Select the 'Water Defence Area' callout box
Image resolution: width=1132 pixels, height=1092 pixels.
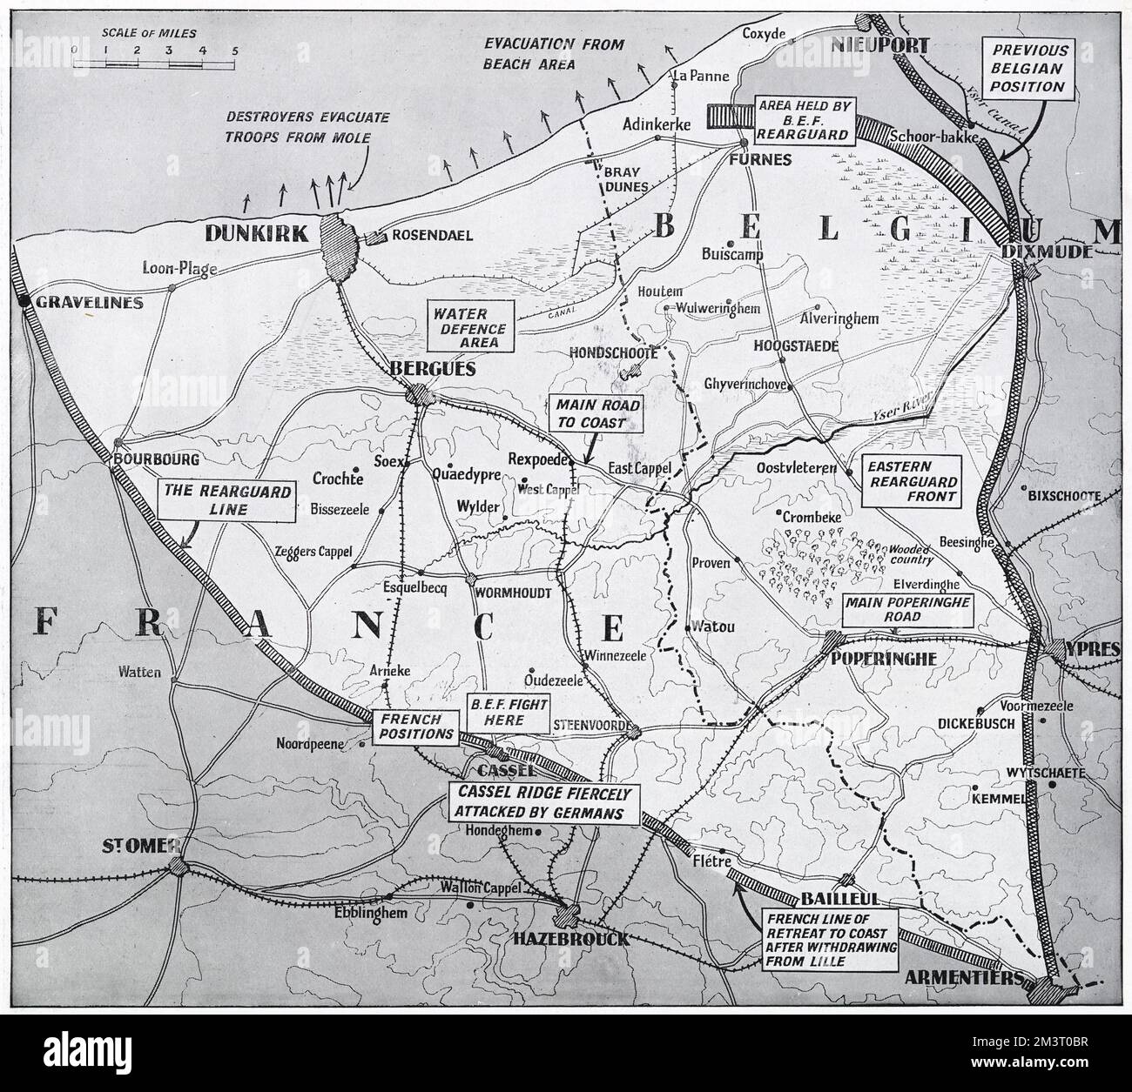(468, 327)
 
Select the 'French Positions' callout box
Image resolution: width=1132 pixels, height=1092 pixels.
(414, 727)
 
